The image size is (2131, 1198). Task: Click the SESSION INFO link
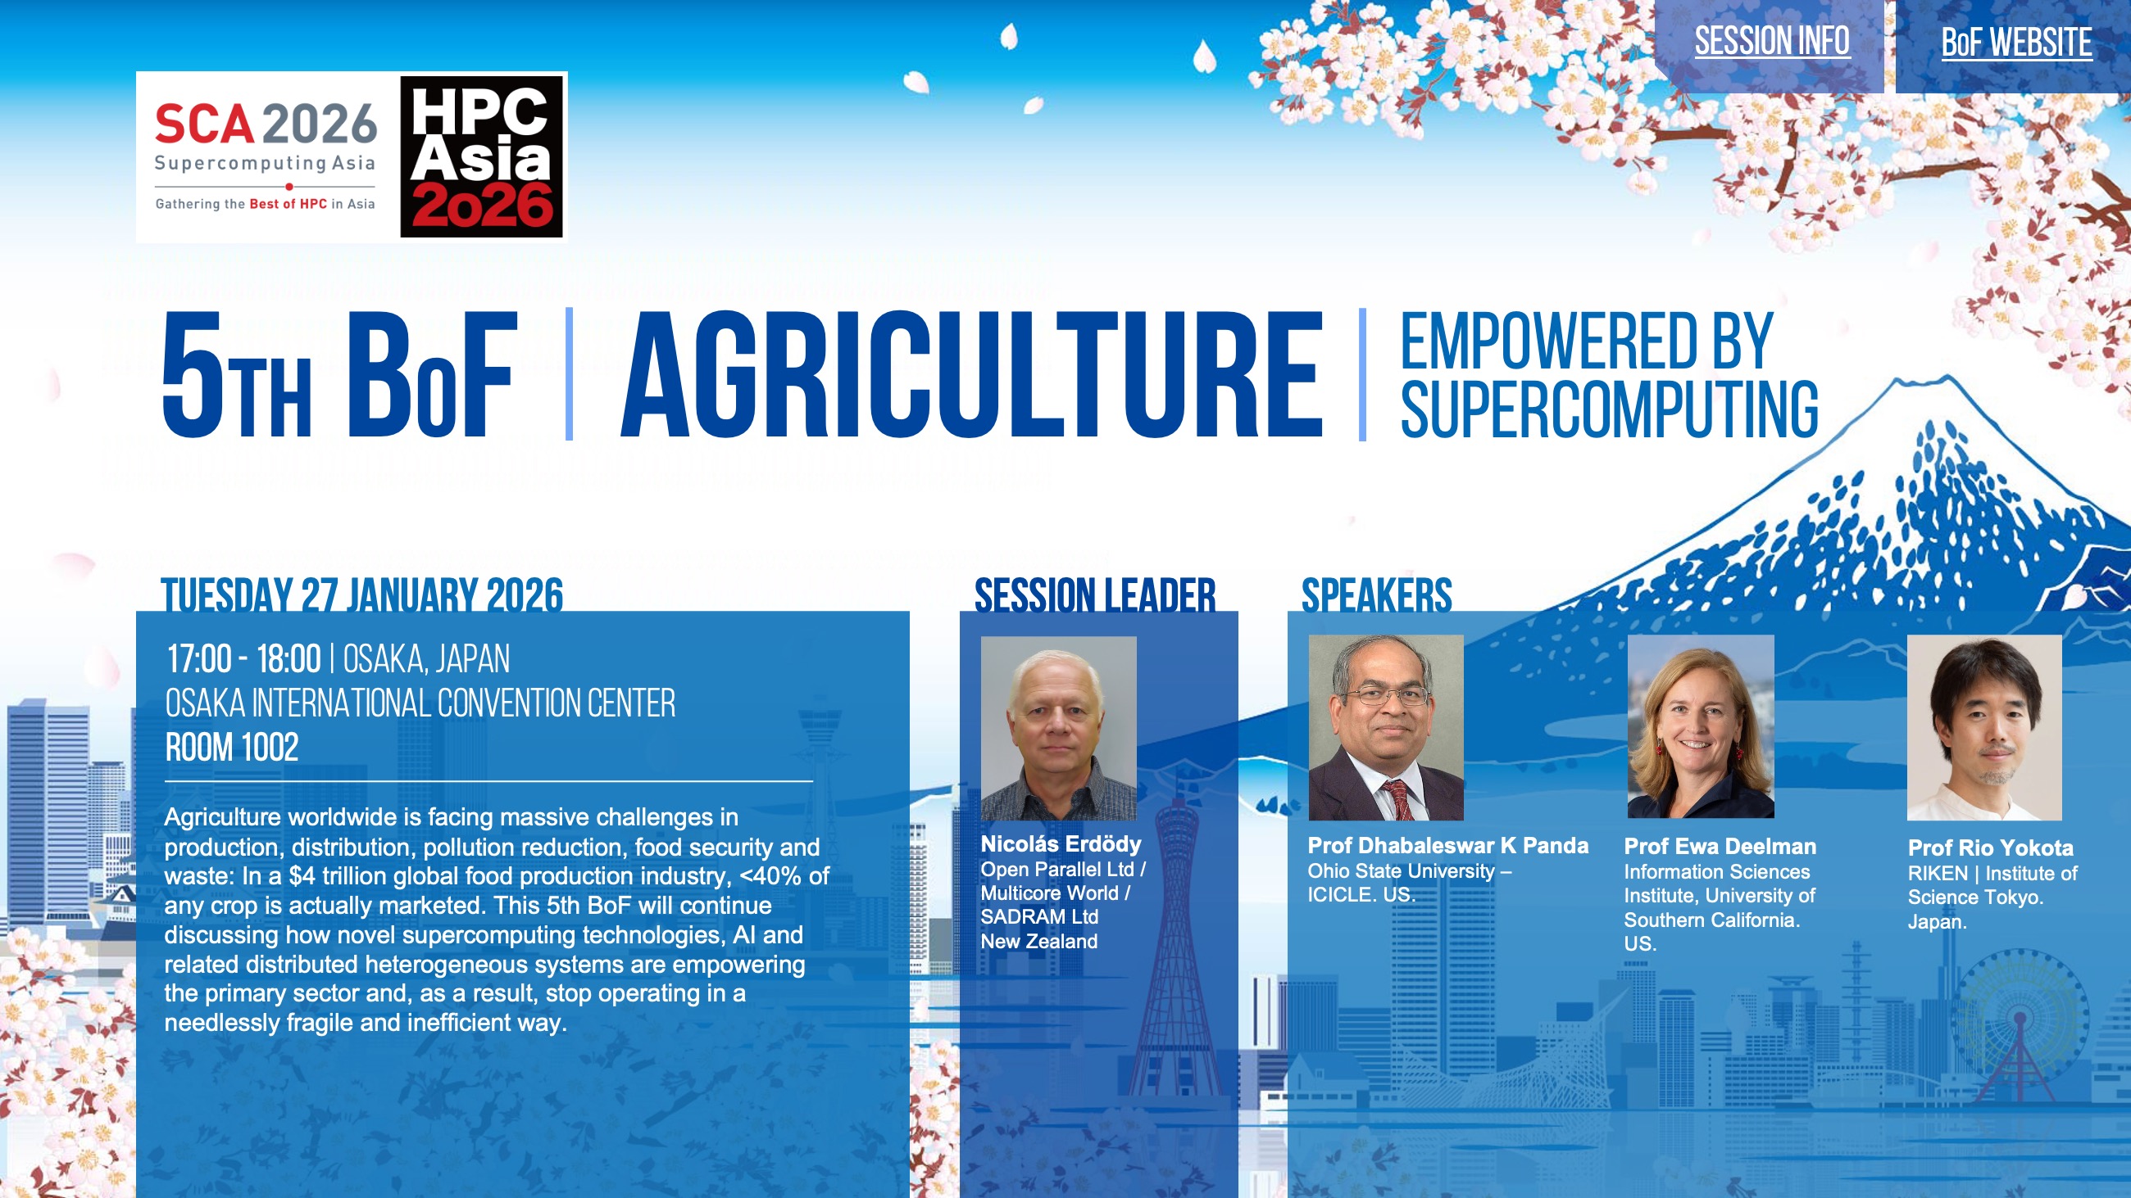click(x=1771, y=41)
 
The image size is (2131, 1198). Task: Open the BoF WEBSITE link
click(x=2016, y=42)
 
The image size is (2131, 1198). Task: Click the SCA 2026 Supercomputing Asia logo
click(x=266, y=157)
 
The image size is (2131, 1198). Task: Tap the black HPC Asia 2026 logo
click(x=481, y=156)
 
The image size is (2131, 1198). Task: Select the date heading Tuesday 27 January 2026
click(x=361, y=594)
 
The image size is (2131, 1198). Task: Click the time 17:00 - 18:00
click(x=244, y=659)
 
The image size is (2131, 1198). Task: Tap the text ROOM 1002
click(x=232, y=748)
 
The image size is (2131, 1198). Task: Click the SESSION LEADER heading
click(x=1094, y=594)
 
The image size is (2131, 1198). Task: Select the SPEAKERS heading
click(x=1377, y=594)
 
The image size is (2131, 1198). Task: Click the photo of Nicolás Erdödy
click(x=1058, y=729)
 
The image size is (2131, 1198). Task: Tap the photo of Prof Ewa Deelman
click(x=1701, y=726)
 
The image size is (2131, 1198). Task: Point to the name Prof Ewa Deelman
click(x=1720, y=847)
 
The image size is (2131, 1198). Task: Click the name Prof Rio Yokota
click(x=1990, y=848)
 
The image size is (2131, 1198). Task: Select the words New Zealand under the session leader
click(x=1039, y=941)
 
